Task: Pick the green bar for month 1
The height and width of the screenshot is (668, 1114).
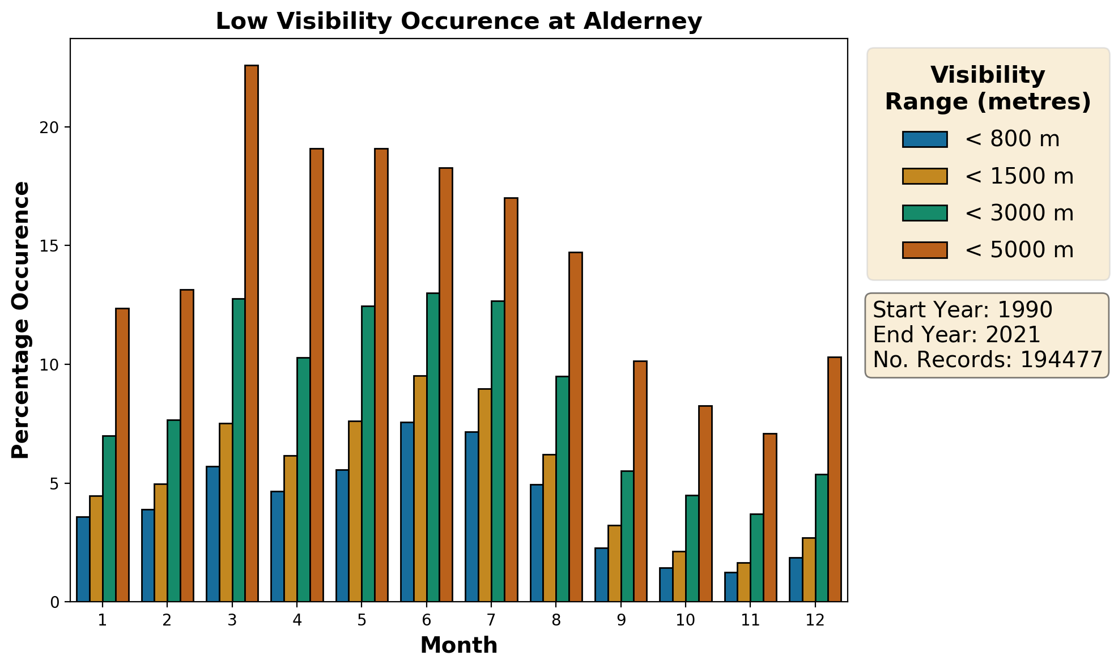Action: (x=109, y=518)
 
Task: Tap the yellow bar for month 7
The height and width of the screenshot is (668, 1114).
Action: (x=484, y=495)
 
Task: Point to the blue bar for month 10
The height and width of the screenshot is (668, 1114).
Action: (x=666, y=585)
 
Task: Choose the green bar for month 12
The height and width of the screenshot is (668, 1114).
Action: (x=822, y=538)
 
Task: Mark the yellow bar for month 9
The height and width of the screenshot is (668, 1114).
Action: (x=614, y=563)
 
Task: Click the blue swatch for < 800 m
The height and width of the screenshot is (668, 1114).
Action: (x=925, y=139)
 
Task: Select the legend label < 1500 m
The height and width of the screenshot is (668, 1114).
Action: (x=1019, y=176)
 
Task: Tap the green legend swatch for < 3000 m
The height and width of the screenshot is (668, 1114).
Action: (x=925, y=213)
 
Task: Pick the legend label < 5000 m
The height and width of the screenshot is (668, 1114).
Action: (x=1019, y=250)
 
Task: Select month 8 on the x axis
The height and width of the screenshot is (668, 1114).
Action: (x=556, y=620)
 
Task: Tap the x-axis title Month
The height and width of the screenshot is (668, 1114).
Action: (x=459, y=645)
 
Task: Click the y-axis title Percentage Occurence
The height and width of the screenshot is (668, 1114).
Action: (x=20, y=320)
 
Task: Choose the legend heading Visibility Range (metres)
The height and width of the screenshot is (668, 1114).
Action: (x=988, y=88)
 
